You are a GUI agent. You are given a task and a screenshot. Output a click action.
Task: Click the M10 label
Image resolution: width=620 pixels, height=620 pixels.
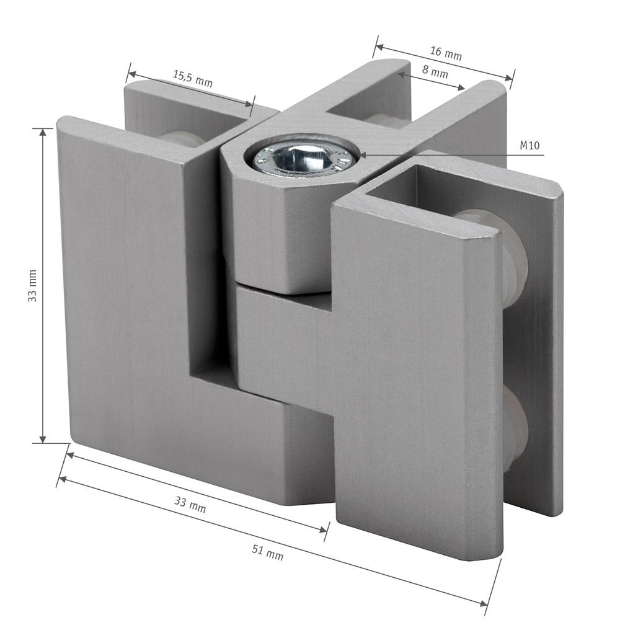529,146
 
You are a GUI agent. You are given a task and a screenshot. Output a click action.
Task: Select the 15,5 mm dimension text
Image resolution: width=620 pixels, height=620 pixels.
193,79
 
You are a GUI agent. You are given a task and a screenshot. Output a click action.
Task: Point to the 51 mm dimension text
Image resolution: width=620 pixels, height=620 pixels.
268,553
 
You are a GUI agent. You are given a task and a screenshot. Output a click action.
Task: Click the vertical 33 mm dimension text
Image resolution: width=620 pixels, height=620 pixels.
32,286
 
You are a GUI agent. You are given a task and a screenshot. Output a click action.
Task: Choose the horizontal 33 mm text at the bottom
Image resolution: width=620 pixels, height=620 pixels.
190,505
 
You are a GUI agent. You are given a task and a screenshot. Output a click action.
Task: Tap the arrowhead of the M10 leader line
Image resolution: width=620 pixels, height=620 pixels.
361,154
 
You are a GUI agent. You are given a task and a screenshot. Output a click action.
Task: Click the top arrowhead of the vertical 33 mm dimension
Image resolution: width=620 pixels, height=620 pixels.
43,133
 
